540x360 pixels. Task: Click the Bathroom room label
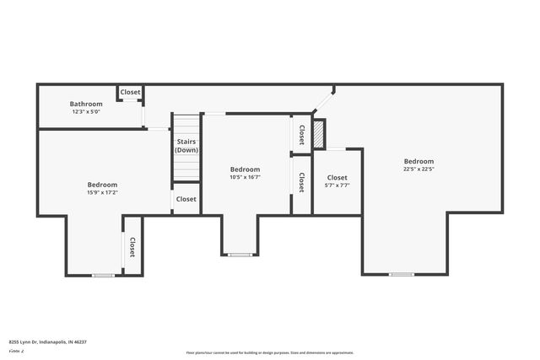click(x=86, y=104)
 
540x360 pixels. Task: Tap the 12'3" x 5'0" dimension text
click(x=86, y=111)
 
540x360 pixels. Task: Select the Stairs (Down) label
click(x=186, y=146)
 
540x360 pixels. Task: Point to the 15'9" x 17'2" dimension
click(x=102, y=192)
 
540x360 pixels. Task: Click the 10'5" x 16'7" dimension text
click(x=245, y=177)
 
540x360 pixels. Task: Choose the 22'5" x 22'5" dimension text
click(x=418, y=169)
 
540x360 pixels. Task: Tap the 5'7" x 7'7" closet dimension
click(x=337, y=185)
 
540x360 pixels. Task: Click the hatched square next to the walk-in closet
click(x=319, y=135)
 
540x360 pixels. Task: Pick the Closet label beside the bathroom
click(x=130, y=92)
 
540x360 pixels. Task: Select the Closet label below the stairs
click(x=186, y=199)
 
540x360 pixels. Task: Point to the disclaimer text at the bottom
click(x=270, y=352)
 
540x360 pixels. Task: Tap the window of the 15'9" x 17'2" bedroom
click(x=103, y=275)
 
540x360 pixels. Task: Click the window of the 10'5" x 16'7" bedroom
click(x=240, y=255)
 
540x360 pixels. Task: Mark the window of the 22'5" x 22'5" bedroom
click(x=402, y=274)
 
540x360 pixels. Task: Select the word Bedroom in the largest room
click(x=418, y=161)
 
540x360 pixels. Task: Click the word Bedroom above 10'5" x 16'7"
click(x=245, y=169)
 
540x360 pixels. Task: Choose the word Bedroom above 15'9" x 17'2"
click(x=102, y=184)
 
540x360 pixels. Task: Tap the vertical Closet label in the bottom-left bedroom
click(x=132, y=246)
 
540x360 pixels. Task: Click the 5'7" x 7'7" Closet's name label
click(x=337, y=177)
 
